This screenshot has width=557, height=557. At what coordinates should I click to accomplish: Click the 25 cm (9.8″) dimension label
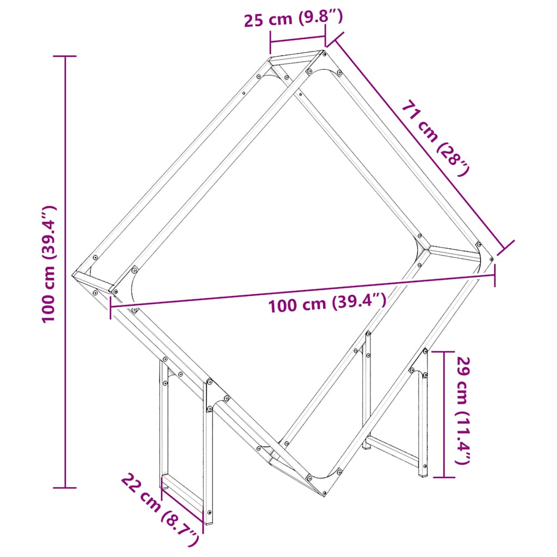click(293, 20)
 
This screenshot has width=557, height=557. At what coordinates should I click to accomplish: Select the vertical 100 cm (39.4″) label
click(49, 264)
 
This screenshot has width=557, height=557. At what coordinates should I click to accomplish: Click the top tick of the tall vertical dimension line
click(66, 56)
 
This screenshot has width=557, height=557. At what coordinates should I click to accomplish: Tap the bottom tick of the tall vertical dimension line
click(66, 487)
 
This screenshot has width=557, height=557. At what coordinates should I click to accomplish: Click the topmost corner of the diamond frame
click(323, 52)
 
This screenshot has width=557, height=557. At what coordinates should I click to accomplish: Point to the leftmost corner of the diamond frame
click(75, 274)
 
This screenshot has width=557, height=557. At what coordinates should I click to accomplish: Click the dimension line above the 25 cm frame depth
click(298, 40)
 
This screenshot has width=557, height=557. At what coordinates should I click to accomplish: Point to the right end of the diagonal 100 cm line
click(494, 275)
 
